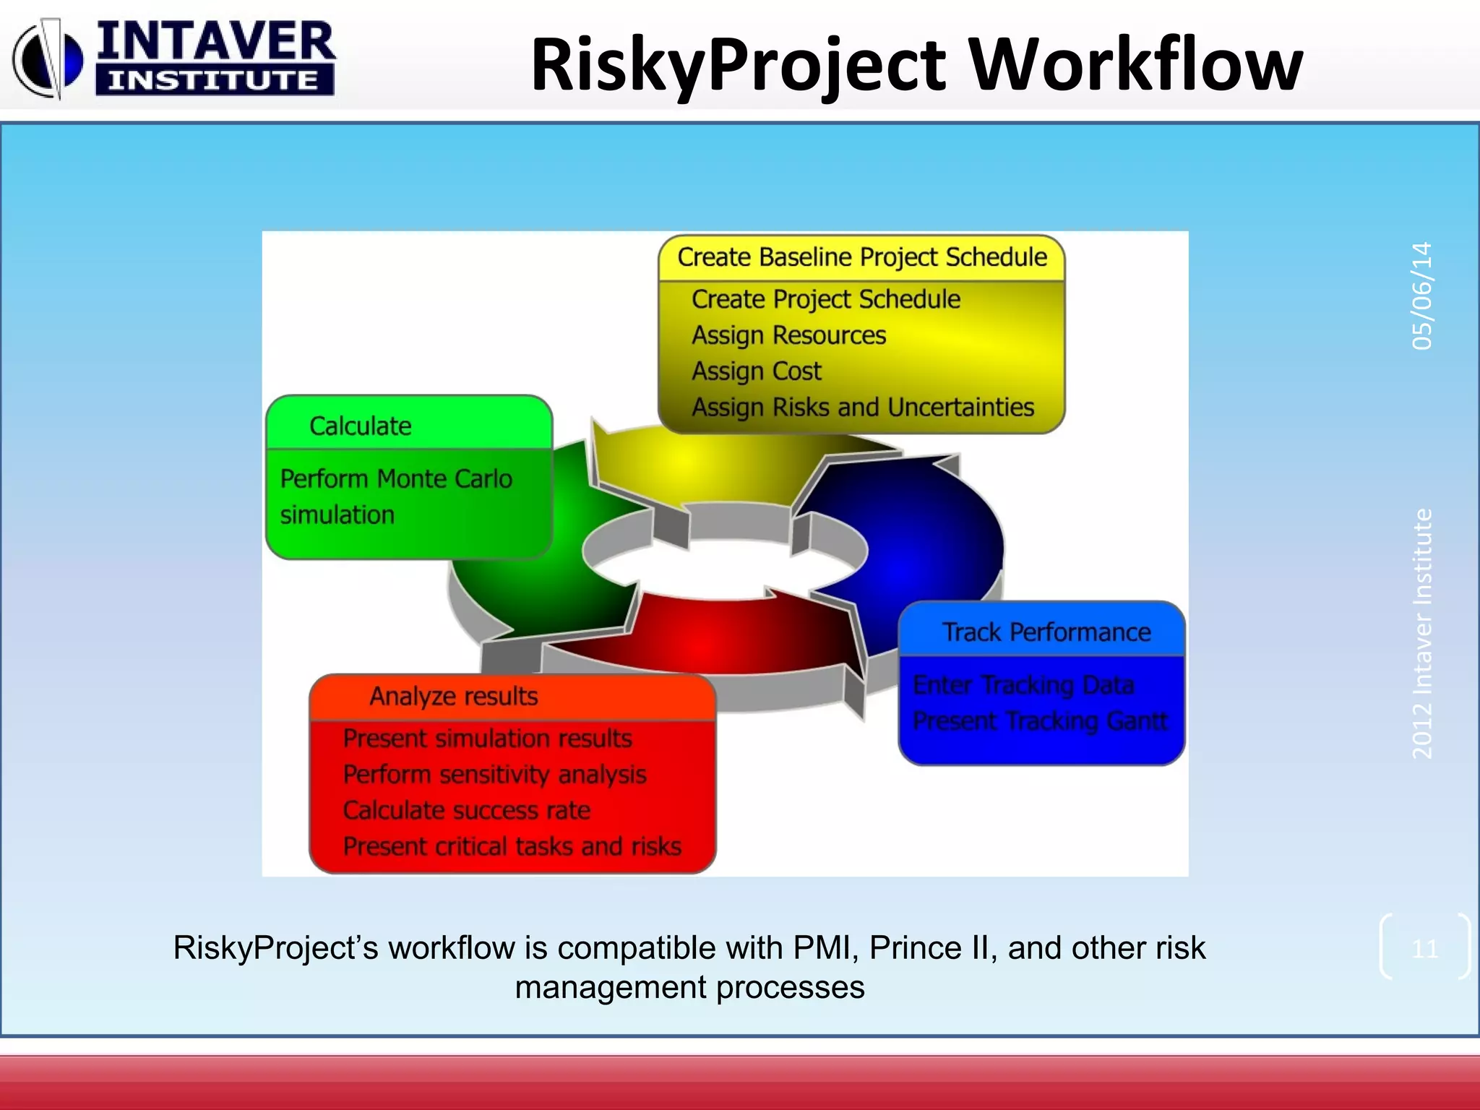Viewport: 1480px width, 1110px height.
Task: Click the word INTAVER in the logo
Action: [215, 42]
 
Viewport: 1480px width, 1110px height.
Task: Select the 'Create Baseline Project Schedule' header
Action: [861, 257]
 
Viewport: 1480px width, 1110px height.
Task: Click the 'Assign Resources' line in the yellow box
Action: [788, 335]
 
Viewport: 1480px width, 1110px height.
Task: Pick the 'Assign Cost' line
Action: [756, 371]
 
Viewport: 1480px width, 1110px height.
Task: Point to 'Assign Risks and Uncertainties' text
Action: [863, 408]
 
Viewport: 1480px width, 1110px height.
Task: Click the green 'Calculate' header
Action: [360, 426]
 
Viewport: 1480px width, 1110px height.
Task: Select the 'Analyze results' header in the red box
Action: [454, 696]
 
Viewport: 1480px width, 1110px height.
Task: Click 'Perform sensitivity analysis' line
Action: [494, 775]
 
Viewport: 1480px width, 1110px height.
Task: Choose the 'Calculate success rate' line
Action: [466, 811]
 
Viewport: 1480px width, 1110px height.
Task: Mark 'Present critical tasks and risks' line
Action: [512, 846]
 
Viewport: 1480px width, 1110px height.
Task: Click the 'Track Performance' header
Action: [1046, 632]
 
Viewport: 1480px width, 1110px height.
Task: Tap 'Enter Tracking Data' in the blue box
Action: [1023, 684]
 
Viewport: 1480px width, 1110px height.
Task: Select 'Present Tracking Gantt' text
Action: [1039, 720]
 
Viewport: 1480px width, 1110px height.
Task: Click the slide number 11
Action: [1424, 948]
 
